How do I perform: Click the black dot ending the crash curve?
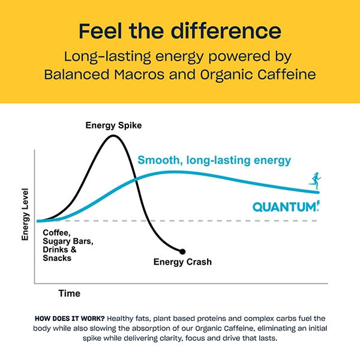(182, 251)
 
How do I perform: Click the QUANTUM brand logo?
(286, 207)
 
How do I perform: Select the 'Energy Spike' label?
(113, 125)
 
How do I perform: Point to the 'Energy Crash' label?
(182, 262)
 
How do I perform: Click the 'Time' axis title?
(69, 293)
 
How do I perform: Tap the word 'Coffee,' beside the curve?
(57, 233)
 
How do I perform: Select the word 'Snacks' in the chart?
(57, 258)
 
